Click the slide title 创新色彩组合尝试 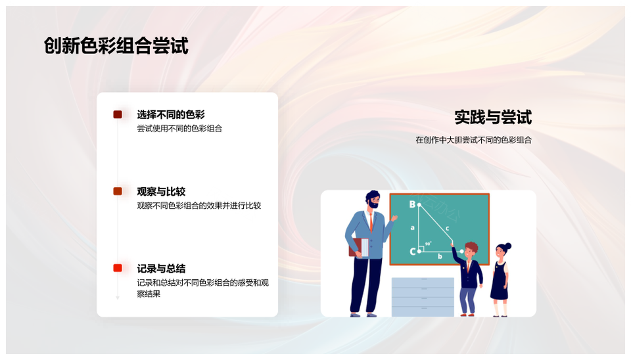(116, 45)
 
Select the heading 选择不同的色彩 (171, 115)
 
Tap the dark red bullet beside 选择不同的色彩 (118, 115)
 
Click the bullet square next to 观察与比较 (118, 191)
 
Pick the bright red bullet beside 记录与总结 (118, 268)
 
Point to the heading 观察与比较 (161, 191)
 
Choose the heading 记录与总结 (161, 268)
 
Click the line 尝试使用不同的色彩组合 (179, 128)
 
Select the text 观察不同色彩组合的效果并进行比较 (199, 206)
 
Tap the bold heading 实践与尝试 (493, 117)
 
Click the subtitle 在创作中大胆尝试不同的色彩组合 (474, 140)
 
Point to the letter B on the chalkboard (412, 204)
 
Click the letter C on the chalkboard (412, 252)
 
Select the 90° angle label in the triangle (428, 244)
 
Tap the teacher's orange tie (371, 222)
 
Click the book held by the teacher (359, 248)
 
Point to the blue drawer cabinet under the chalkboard (423, 297)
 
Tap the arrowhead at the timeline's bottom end (118, 298)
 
